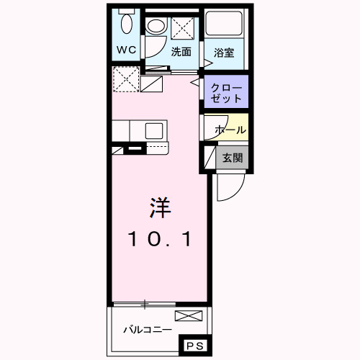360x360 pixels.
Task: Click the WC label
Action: tap(127, 51)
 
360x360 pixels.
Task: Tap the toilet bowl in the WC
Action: tap(127, 24)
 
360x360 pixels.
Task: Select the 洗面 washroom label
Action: tap(181, 52)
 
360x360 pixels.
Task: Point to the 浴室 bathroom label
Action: tap(224, 52)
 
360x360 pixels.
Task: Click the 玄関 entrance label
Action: tap(231, 158)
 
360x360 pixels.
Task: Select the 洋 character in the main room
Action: tap(159, 208)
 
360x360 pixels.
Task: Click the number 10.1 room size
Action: tap(160, 239)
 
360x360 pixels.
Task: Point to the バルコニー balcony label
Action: tap(147, 329)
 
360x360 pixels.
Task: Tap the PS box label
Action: tap(195, 346)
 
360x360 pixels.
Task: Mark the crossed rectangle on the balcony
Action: tap(189, 315)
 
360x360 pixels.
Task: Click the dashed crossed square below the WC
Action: tap(125, 78)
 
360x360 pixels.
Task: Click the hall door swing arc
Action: tap(216, 127)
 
